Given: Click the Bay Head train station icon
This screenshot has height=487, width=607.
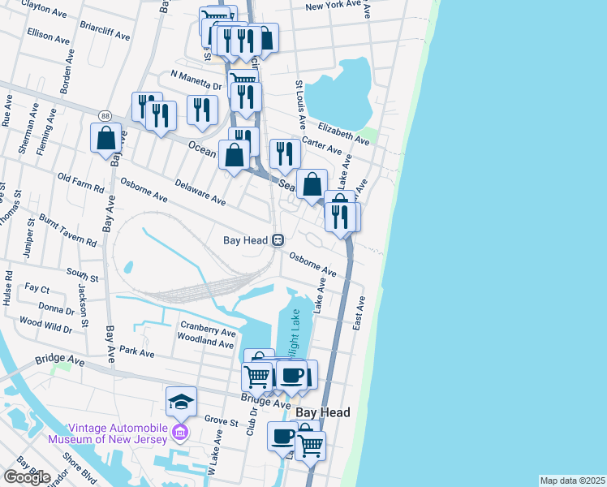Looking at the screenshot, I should (278, 240).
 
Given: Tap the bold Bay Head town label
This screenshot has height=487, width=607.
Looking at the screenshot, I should (323, 412).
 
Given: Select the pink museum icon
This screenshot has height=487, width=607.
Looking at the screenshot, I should (180, 429).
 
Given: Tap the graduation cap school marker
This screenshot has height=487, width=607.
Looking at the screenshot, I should (181, 400).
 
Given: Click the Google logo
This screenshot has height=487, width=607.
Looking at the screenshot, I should (26, 476).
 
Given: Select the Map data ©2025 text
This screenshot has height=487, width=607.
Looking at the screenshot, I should (572, 481).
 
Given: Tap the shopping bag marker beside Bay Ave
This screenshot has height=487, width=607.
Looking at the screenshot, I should (105, 139).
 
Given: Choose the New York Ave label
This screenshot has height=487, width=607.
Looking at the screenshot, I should (333, 6).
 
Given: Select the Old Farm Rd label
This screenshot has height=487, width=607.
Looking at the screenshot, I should (81, 182).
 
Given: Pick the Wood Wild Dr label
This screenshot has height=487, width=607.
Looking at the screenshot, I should (45, 323).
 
